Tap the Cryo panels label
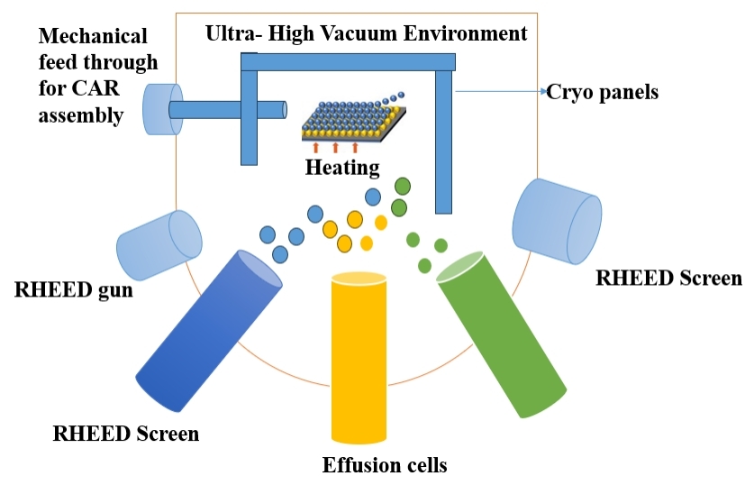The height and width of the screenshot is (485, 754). tap(603, 92)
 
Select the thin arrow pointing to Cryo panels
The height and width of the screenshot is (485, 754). tap(500, 91)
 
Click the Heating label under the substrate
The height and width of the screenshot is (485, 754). tap(341, 168)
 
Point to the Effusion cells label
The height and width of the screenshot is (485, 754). tap(385, 465)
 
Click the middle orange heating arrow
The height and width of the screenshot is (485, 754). tap(335, 148)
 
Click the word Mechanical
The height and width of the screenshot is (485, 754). tap(94, 37)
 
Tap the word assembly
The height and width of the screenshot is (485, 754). tap(78, 114)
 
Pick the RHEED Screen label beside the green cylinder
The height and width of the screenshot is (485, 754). tap(668, 279)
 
